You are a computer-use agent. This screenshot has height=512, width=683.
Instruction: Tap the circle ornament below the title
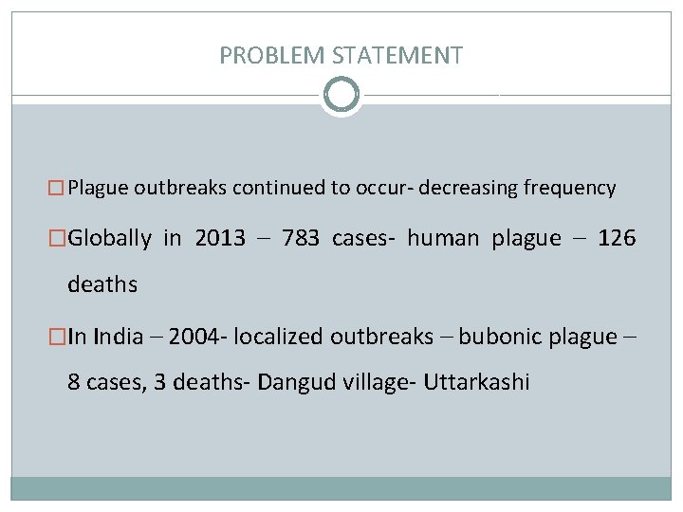tap(341, 95)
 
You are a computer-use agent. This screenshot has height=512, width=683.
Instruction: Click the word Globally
tap(110, 238)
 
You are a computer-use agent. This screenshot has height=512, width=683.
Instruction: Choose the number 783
tap(301, 238)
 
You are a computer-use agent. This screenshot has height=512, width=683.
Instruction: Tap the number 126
tap(618, 238)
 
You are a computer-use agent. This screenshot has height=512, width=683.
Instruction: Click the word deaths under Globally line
tap(102, 283)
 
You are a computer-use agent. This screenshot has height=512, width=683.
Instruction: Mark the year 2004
tap(195, 337)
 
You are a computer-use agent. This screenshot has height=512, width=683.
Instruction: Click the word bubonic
tap(494, 337)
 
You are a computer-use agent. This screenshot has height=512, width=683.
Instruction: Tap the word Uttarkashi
tap(477, 383)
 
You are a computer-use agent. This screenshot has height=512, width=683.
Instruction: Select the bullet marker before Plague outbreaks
tap(60, 188)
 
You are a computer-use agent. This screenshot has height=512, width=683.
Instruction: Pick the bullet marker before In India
tap(60, 337)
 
